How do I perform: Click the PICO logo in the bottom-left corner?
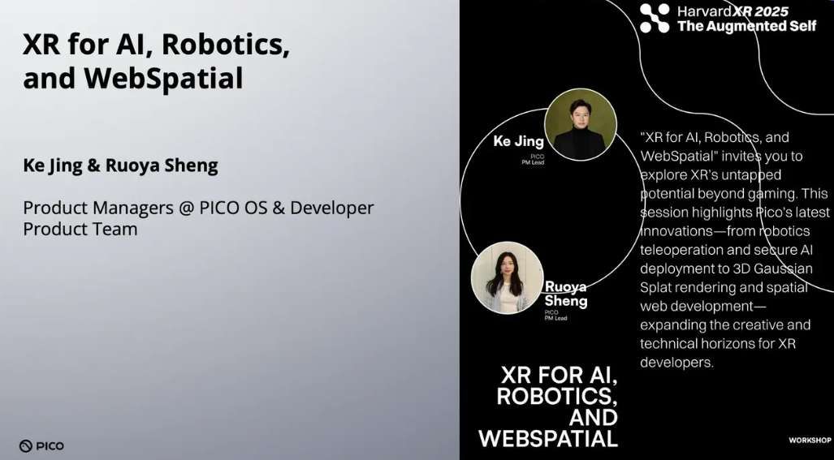41,445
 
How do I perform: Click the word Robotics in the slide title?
230,45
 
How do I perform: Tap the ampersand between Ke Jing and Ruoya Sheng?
93,166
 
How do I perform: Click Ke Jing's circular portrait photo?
580,124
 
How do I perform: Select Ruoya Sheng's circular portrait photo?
507,277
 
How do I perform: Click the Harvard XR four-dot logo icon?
655,18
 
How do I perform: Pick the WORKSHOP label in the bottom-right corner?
810,441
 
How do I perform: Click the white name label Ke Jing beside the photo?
518,142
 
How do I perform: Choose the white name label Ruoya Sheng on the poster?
565,294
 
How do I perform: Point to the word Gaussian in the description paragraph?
783,269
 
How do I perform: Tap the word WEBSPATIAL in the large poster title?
548,439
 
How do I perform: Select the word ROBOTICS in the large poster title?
557,397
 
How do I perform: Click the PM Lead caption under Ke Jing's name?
532,162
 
